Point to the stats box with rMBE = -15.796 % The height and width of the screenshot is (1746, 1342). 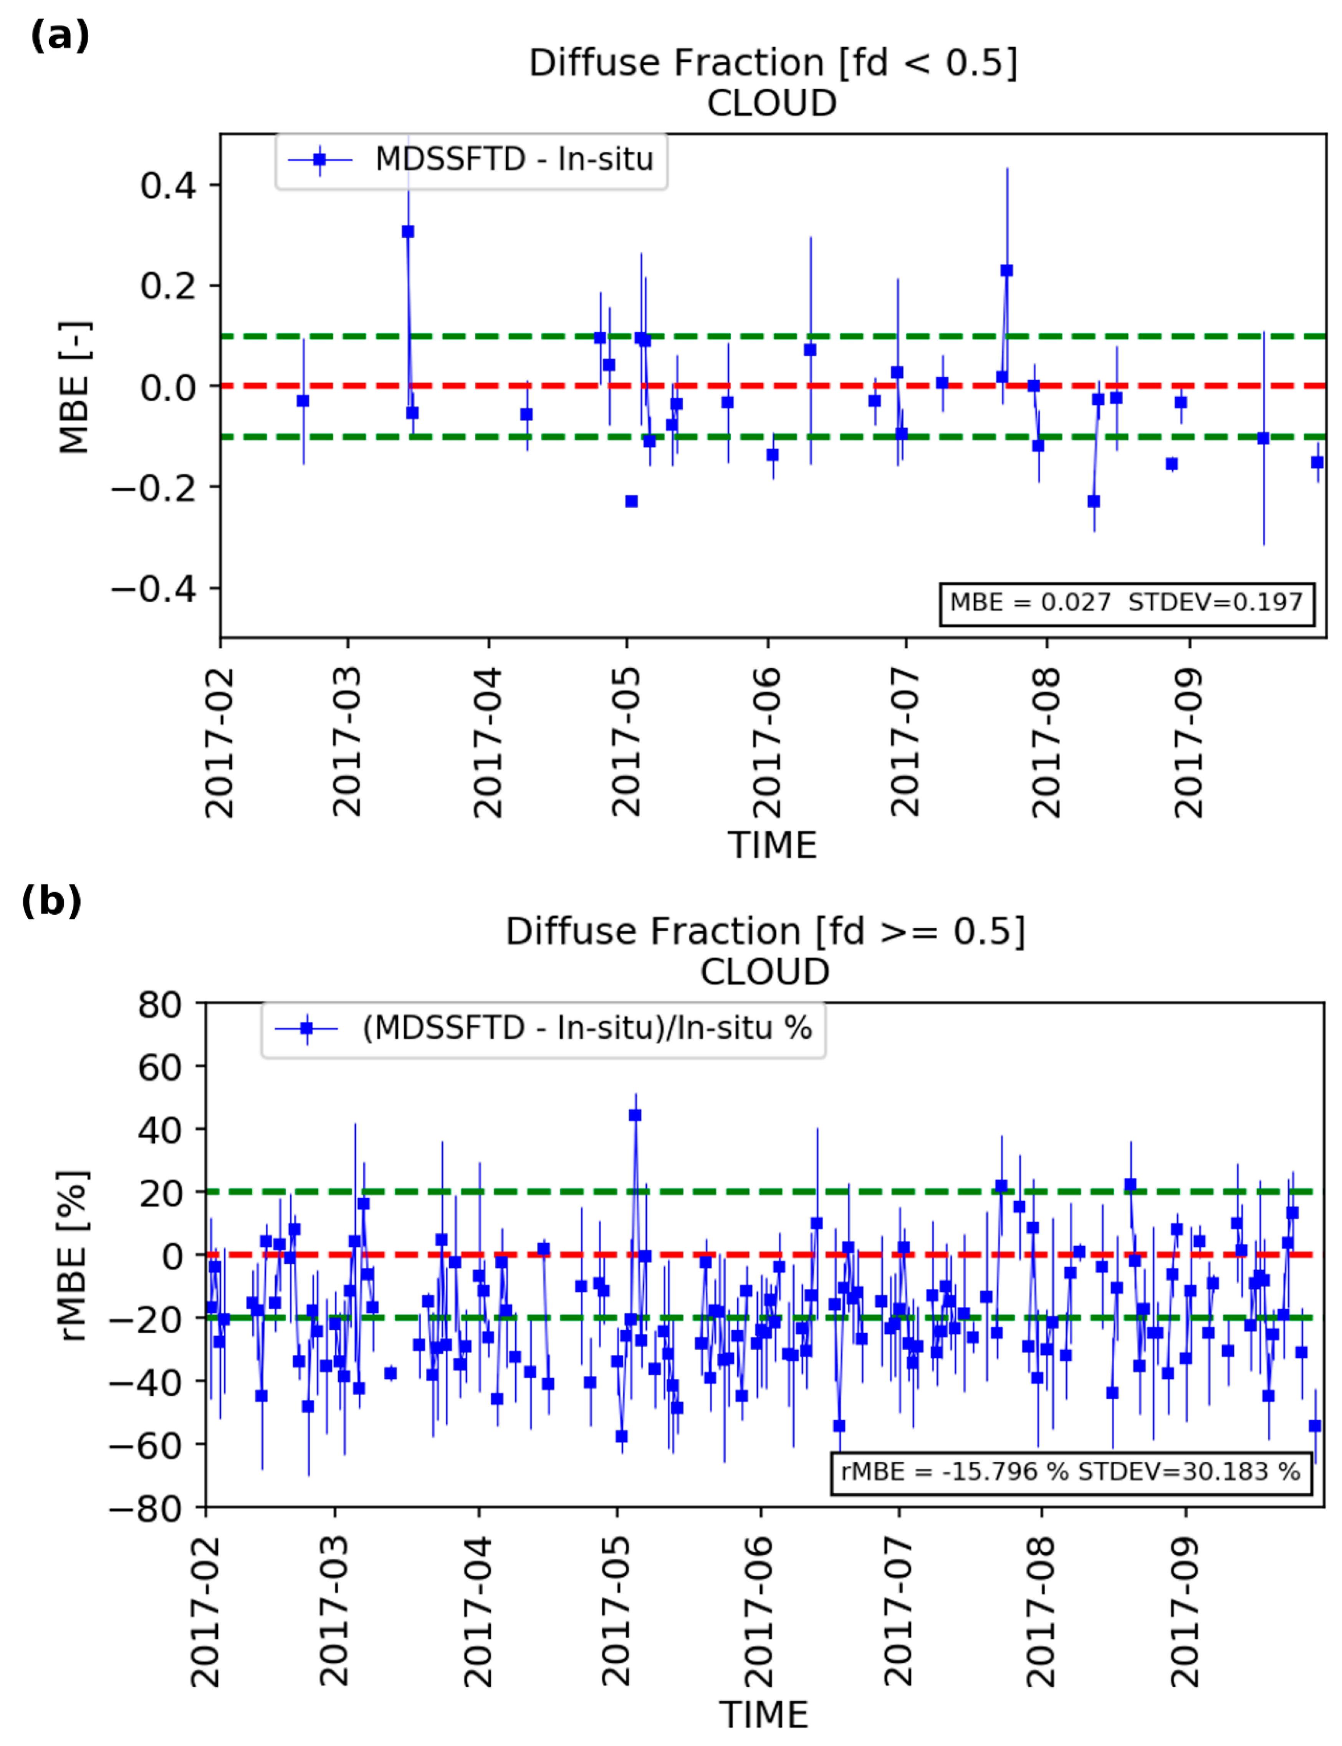click(1071, 1471)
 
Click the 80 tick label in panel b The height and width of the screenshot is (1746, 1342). click(160, 1005)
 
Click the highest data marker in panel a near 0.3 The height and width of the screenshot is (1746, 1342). click(407, 232)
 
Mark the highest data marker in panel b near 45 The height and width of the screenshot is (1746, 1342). click(635, 1115)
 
